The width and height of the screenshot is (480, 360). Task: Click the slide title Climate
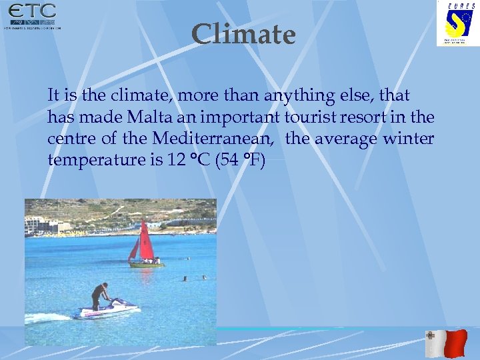[243, 35]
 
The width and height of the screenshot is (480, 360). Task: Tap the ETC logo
[32, 16]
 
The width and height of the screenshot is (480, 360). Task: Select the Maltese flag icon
[446, 343]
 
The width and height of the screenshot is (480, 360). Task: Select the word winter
[409, 139]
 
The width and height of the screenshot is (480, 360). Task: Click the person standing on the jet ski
[100, 295]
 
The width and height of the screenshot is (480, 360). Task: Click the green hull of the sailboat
[146, 265]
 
